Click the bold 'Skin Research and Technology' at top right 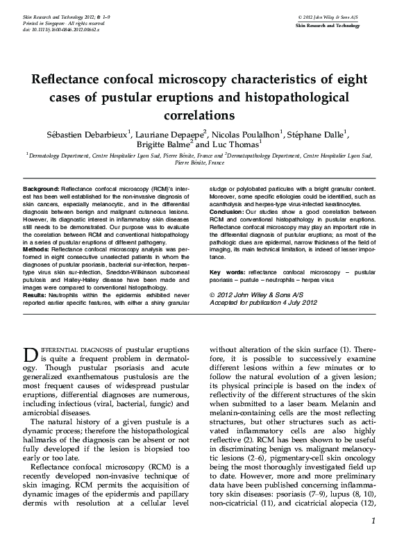328,24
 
